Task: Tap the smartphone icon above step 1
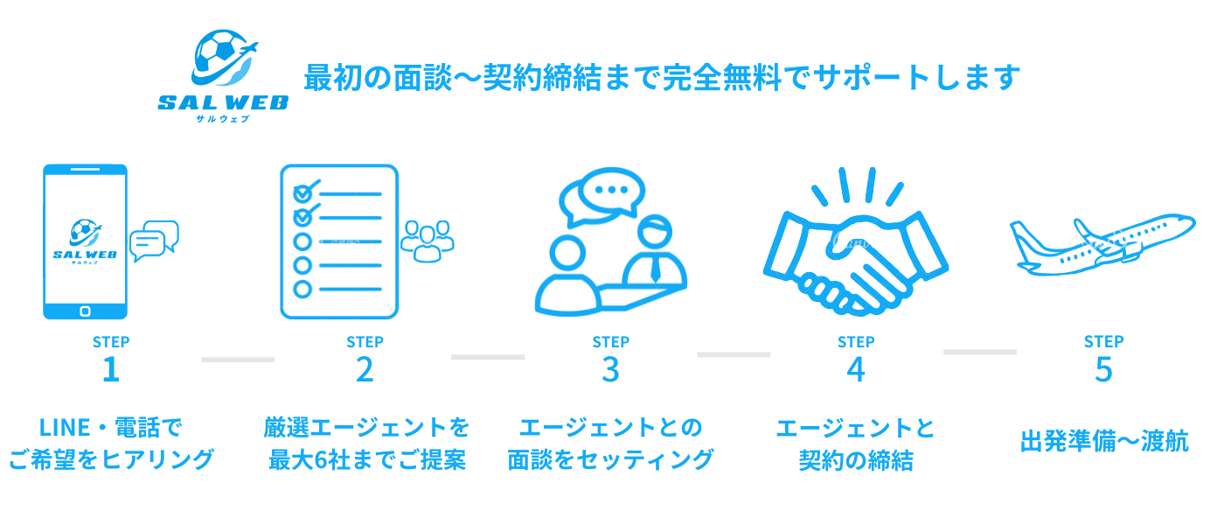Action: (x=86, y=241)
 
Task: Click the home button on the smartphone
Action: (x=86, y=311)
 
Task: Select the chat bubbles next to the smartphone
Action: (x=154, y=241)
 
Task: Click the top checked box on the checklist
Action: (x=303, y=192)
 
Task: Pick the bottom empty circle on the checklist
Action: (x=303, y=288)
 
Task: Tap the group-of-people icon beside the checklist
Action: (x=427, y=241)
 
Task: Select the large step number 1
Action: (x=110, y=370)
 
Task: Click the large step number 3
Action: (x=610, y=370)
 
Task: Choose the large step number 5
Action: (x=1103, y=370)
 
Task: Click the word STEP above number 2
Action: (x=365, y=342)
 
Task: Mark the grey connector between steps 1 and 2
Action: (x=238, y=359)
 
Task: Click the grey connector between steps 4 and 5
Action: (x=979, y=352)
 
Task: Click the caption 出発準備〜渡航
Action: (x=1103, y=442)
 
